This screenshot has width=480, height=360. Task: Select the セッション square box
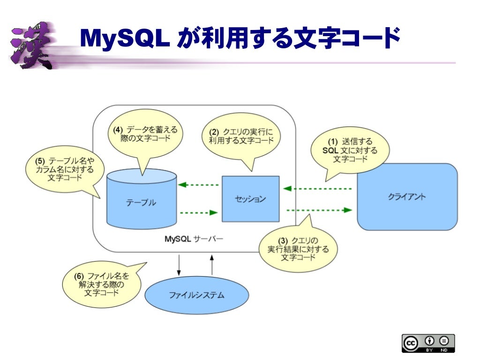[x=250, y=199]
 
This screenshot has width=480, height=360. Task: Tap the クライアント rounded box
[x=407, y=197]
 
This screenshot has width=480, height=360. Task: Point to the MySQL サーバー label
[x=194, y=239]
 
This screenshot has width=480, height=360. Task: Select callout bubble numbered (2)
[x=241, y=136]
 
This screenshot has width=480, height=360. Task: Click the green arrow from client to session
[x=317, y=188]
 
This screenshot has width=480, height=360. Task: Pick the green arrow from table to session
[x=199, y=212]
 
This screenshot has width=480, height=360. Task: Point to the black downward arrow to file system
[x=179, y=265]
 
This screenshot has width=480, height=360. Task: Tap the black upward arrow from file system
[x=212, y=265]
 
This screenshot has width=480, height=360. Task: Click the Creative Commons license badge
[x=427, y=343]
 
